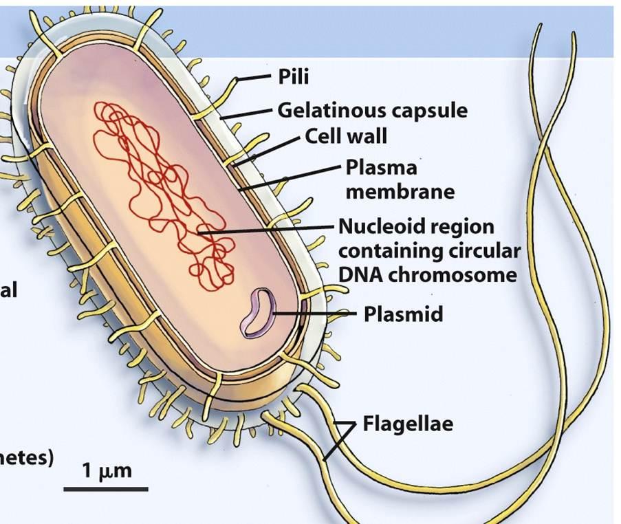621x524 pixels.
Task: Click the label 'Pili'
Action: tap(293, 76)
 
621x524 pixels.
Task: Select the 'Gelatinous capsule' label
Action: tap(372, 110)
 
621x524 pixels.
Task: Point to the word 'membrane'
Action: tap(400, 190)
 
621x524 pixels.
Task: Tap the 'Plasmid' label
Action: tap(403, 314)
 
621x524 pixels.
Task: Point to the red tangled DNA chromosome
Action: tap(165, 193)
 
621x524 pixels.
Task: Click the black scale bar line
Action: tap(106, 489)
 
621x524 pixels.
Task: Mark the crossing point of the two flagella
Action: tap(548, 148)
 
